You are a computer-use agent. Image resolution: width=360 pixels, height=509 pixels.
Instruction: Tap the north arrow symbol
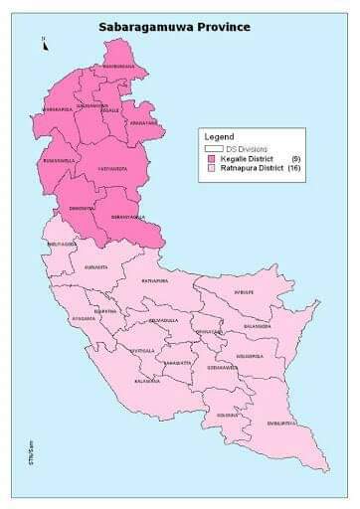(x=44, y=42)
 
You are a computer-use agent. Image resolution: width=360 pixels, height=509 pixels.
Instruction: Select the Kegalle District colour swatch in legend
(x=212, y=159)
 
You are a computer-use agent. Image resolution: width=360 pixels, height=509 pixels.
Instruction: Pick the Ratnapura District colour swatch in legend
(x=212, y=169)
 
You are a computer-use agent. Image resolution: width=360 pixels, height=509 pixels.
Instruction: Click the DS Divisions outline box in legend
(x=210, y=148)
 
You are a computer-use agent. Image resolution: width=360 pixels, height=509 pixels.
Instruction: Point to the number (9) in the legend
(x=295, y=159)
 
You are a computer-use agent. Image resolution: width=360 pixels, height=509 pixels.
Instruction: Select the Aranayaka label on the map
(x=142, y=120)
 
